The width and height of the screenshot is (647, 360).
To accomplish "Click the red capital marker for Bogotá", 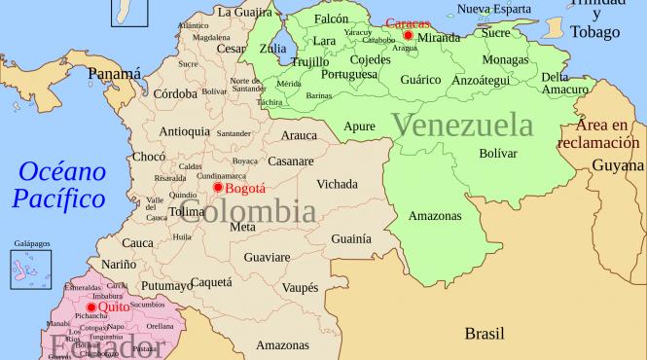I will point(218,187).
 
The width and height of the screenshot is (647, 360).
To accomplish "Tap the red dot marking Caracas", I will point(408,36).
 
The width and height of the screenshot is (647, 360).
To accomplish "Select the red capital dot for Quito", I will point(90,307).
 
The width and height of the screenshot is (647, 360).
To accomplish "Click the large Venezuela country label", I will point(462,125).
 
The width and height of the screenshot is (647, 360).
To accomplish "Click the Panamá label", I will point(114,73).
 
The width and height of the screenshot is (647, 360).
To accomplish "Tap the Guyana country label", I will point(618,166).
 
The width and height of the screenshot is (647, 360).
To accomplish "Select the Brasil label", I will point(484,333).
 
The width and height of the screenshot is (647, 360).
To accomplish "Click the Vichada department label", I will point(336,183).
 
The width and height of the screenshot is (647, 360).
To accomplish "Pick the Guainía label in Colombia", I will point(350,237).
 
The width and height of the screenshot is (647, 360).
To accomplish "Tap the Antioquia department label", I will point(182,131).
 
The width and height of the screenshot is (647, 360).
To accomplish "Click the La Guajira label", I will point(244,12).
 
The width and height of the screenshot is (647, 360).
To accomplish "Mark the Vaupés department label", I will point(299,288).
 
